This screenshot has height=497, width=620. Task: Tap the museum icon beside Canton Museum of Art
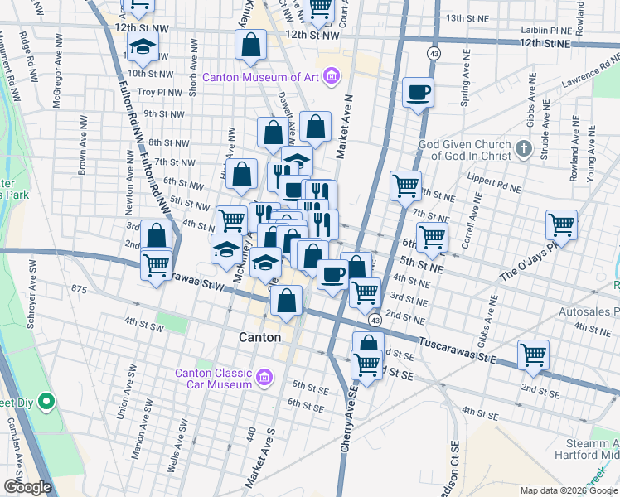[x=331, y=77]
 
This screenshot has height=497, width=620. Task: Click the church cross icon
[x=522, y=148]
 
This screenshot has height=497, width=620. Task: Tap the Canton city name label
[x=259, y=338]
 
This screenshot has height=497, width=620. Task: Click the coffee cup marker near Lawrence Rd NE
[x=418, y=92]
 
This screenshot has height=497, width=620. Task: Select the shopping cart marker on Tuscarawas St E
[x=533, y=355]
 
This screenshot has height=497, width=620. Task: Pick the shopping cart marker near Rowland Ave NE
[x=561, y=224]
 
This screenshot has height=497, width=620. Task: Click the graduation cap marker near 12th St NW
[x=143, y=47]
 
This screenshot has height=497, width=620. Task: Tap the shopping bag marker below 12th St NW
[x=250, y=45]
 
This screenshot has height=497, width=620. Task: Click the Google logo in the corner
[x=27, y=487]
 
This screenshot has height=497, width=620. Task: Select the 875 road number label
[x=79, y=289]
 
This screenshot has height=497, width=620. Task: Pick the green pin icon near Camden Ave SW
[x=46, y=403]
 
